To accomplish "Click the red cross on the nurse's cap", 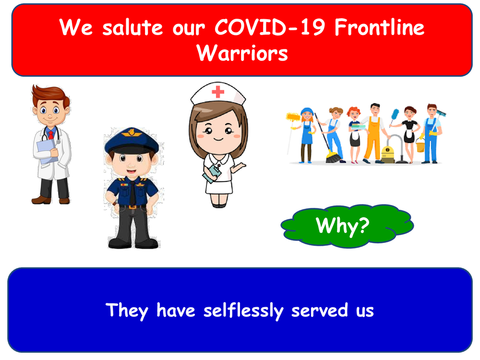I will click(x=218, y=92).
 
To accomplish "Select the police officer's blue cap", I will click(x=131, y=139).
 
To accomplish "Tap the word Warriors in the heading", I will click(x=242, y=53).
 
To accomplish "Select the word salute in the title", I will click(x=124, y=27).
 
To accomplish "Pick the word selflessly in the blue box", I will click(x=243, y=310).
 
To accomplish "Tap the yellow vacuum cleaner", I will click(x=388, y=153).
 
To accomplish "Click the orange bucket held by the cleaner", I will click(x=420, y=145).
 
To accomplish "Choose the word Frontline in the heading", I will click(x=379, y=27).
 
